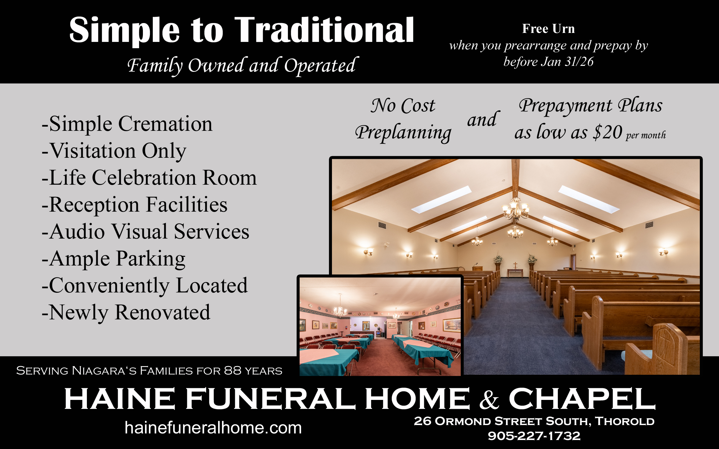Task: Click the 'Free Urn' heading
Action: click(549, 29)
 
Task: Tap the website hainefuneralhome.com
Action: click(213, 427)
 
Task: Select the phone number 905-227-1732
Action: click(534, 436)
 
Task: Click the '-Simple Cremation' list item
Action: click(127, 124)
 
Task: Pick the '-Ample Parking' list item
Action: click(114, 259)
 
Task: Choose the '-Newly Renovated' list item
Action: click(126, 313)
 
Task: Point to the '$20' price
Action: click(608, 132)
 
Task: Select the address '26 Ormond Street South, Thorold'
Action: click(534, 421)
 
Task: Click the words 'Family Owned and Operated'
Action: click(243, 66)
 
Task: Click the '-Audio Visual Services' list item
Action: click(145, 232)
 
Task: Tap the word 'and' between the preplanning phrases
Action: click(483, 119)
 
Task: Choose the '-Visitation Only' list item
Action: click(114, 151)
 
